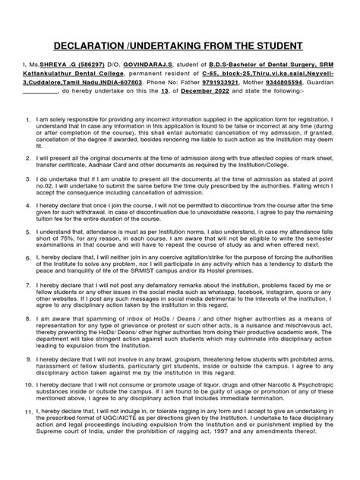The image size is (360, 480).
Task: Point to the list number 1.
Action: (27, 121)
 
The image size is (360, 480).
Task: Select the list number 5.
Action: (27, 229)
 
